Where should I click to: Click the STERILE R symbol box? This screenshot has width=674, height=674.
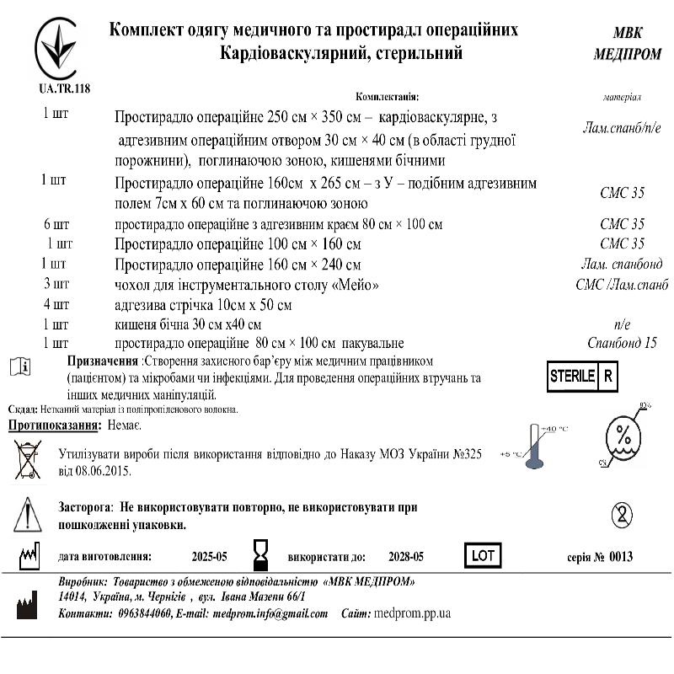point(581,377)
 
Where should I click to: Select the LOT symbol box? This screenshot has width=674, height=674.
point(483,556)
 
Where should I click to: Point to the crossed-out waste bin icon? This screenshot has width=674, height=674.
point(28,459)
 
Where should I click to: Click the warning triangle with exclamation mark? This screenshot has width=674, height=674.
point(27,512)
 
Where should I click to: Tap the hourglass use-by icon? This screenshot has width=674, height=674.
point(260,556)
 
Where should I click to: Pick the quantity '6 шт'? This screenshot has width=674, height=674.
point(56,225)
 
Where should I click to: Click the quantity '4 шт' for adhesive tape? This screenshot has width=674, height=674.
point(56,304)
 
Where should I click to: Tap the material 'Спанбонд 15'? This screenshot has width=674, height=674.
point(623,343)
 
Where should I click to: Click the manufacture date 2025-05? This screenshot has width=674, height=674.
point(210,557)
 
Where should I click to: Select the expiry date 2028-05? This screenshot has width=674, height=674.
point(406,557)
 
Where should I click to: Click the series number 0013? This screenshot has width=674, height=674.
point(620,557)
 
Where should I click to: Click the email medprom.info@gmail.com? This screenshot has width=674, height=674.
point(270,613)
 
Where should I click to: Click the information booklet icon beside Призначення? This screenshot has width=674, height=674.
point(23,366)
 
